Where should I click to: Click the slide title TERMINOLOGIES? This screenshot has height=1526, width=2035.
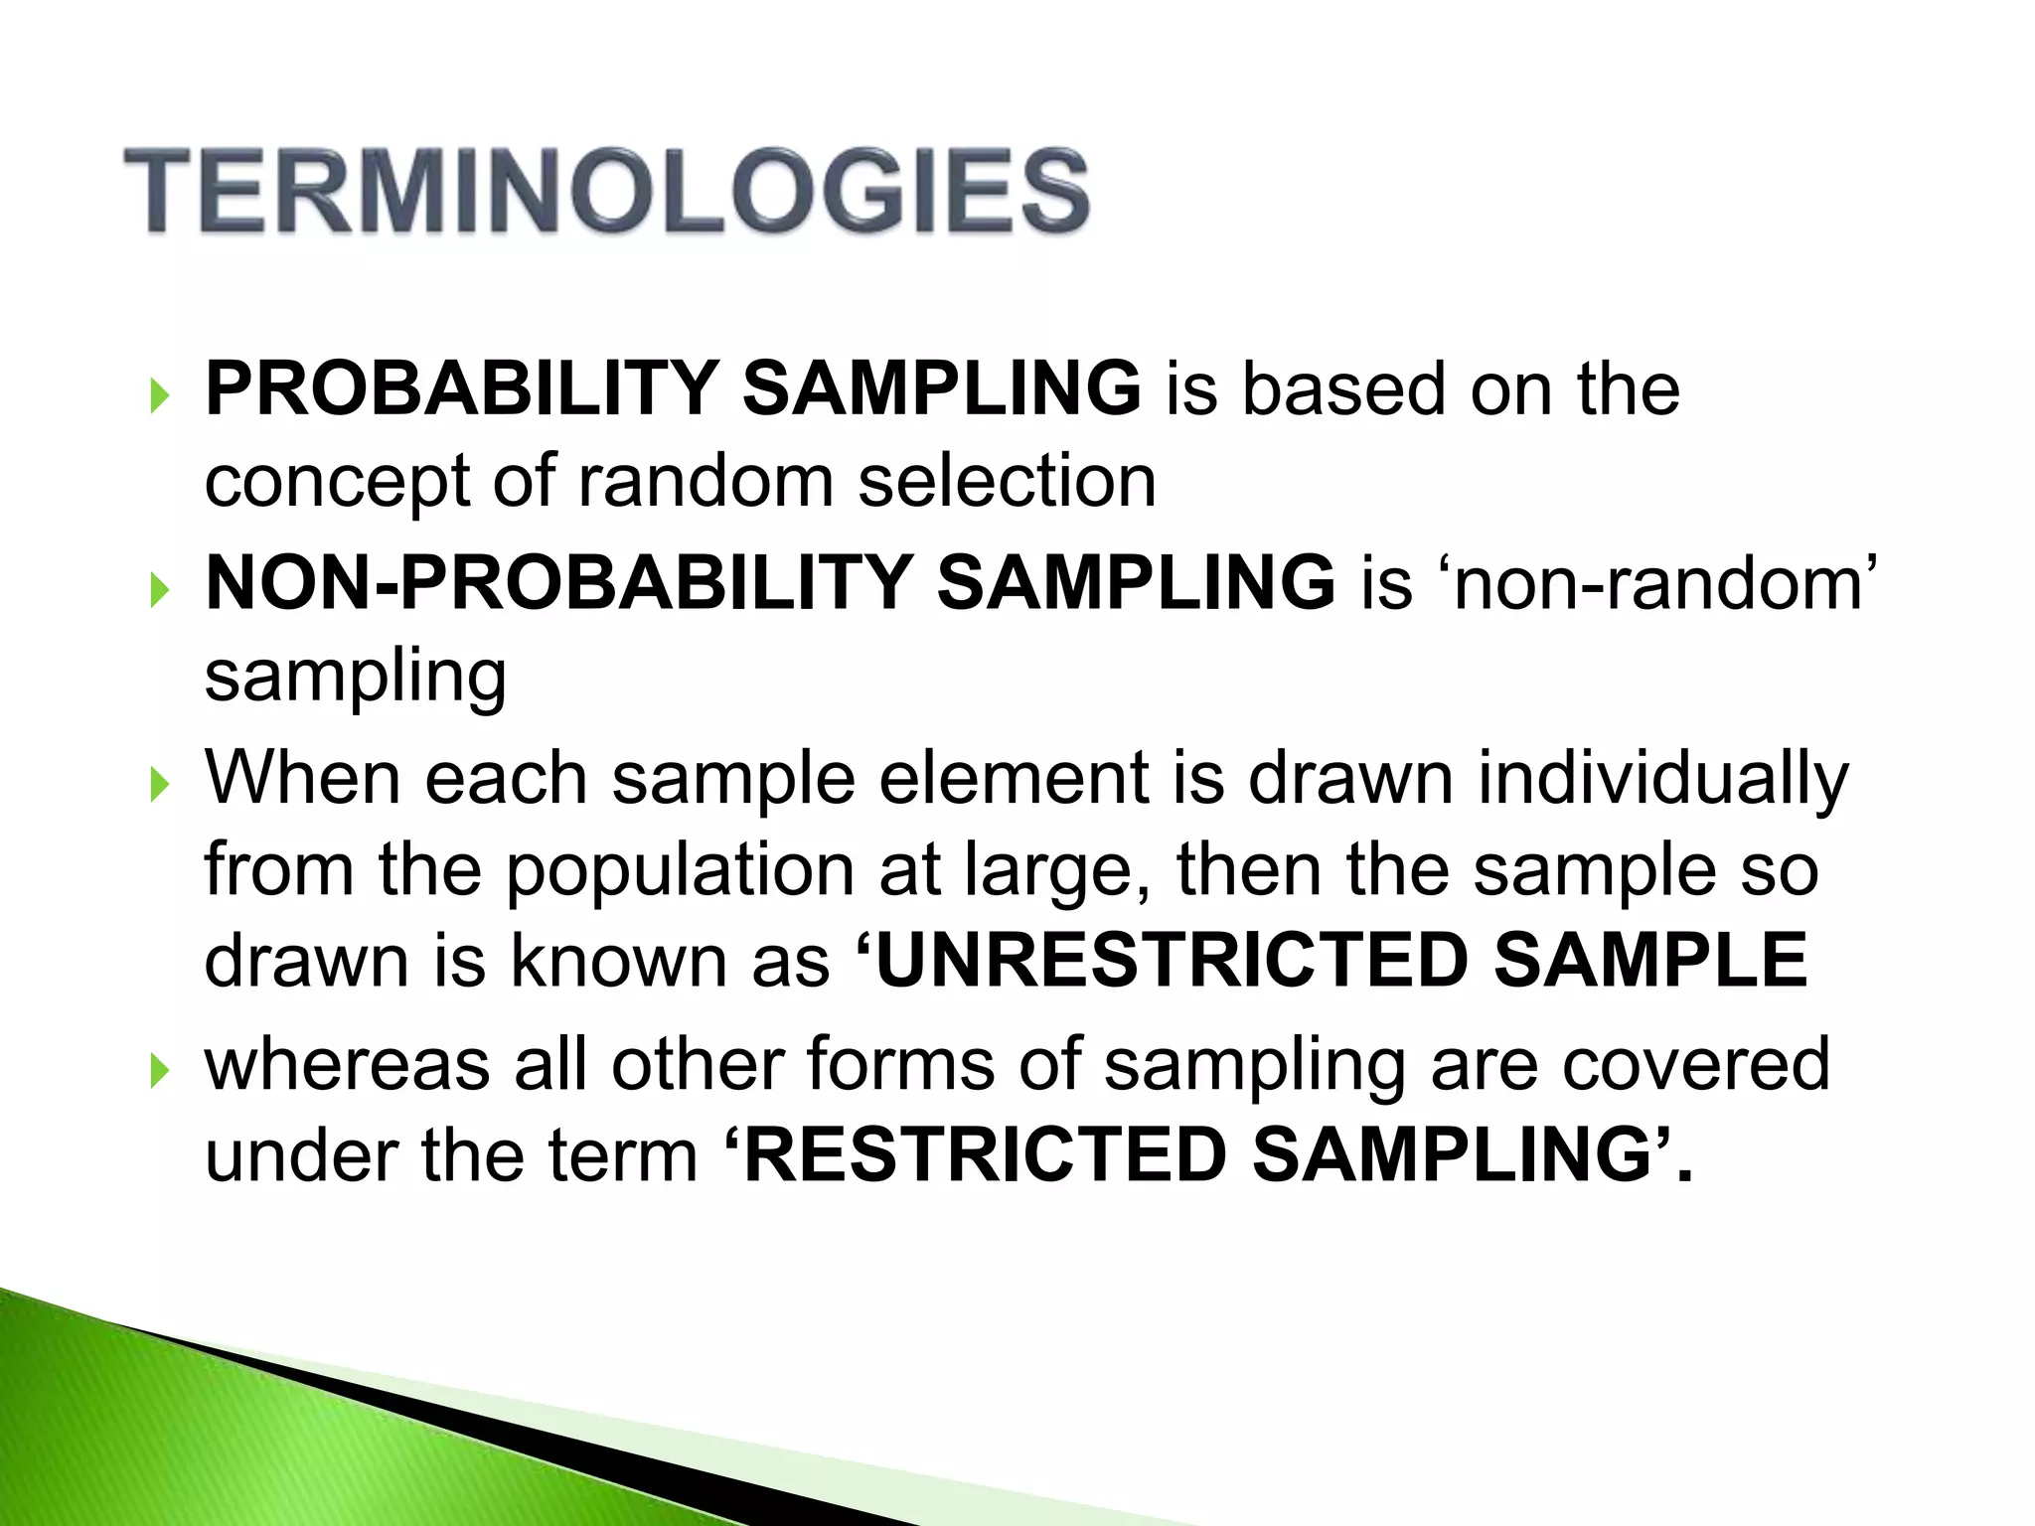(x=607, y=191)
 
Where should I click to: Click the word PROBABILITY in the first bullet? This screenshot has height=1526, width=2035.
(x=461, y=388)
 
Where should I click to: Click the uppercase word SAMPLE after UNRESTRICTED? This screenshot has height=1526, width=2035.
(x=1650, y=962)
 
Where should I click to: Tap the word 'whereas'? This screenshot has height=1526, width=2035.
(x=347, y=1064)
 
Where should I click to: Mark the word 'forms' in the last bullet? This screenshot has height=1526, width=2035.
(x=899, y=1064)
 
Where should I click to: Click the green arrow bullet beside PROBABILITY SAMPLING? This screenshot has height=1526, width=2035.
(x=159, y=396)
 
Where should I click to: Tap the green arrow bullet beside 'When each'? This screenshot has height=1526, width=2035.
(x=159, y=786)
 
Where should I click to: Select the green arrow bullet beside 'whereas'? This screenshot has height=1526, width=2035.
(x=159, y=1072)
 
